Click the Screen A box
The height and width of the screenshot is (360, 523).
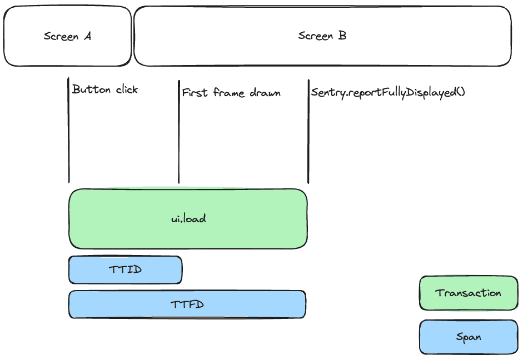pyautogui.click(x=67, y=36)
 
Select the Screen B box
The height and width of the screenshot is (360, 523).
pyautogui.click(x=322, y=36)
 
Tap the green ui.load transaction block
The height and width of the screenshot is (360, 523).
pyautogui.click(x=188, y=218)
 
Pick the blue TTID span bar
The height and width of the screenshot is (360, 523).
pyautogui.click(x=125, y=270)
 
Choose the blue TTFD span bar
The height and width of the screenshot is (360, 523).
pyautogui.click(x=187, y=304)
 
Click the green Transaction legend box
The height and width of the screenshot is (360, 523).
pyautogui.click(x=468, y=293)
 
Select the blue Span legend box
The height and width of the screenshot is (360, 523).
pyautogui.click(x=468, y=337)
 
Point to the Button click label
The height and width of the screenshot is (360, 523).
pyautogui.click(x=105, y=89)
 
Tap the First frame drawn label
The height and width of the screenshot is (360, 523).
pyautogui.click(x=231, y=93)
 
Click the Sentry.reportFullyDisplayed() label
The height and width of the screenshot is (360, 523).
pyautogui.click(x=388, y=92)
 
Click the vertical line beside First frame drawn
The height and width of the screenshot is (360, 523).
pyautogui.click(x=179, y=133)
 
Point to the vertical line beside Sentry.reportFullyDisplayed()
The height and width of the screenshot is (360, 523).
pyautogui.click(x=308, y=133)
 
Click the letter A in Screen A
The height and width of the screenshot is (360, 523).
pyautogui.click(x=87, y=37)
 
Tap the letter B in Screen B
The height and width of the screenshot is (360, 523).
pyautogui.click(x=342, y=36)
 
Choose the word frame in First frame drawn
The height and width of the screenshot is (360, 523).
pyautogui.click(x=228, y=93)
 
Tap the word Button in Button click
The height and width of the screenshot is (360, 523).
pyautogui.click(x=91, y=89)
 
